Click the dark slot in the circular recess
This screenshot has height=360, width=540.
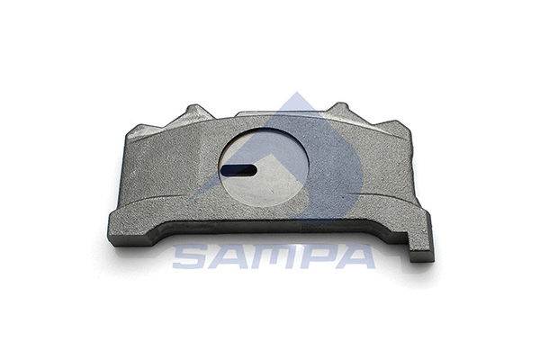238,167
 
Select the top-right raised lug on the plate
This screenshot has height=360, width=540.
340,112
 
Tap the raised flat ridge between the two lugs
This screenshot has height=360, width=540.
270,118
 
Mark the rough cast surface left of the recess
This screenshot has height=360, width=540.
171,180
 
